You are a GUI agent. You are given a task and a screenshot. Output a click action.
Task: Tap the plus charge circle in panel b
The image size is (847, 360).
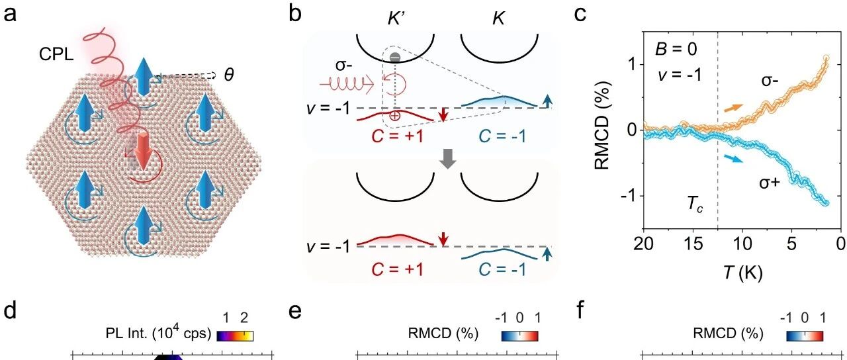[395, 115]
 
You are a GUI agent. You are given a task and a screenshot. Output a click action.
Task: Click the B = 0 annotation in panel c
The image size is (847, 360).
[676, 50]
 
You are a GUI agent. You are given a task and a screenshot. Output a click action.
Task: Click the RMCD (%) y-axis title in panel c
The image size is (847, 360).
[600, 130]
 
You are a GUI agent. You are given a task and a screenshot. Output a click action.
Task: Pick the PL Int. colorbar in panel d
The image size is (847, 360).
[235, 335]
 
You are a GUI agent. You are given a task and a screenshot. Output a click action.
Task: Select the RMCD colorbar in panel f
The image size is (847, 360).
[805, 335]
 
